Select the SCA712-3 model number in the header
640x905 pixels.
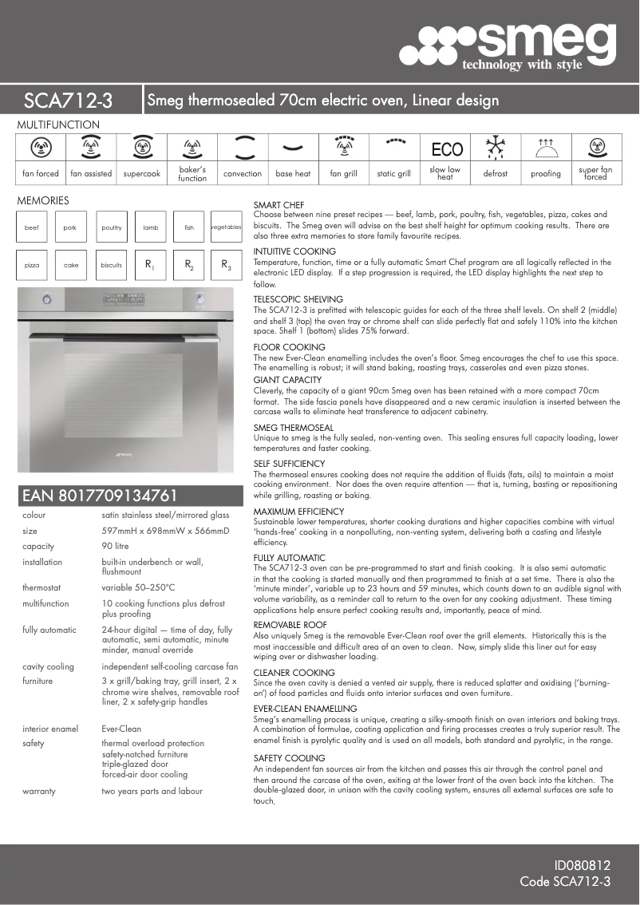pos(69,101)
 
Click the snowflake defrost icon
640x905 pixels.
pos(496,148)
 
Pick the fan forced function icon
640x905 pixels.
pos(41,148)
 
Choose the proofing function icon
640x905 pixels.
pos(546,148)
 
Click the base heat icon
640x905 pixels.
pos(293,148)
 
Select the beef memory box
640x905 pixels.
pos(32,227)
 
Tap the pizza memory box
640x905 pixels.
pos(32,265)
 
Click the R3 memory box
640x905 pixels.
pos(226,265)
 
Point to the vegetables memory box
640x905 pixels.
pos(226,227)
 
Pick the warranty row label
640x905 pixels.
pos(39,792)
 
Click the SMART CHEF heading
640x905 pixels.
pos(279,205)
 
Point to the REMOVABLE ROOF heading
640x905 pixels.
pos(290,625)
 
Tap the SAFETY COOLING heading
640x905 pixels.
pos(289,758)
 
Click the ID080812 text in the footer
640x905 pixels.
pos(583,865)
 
